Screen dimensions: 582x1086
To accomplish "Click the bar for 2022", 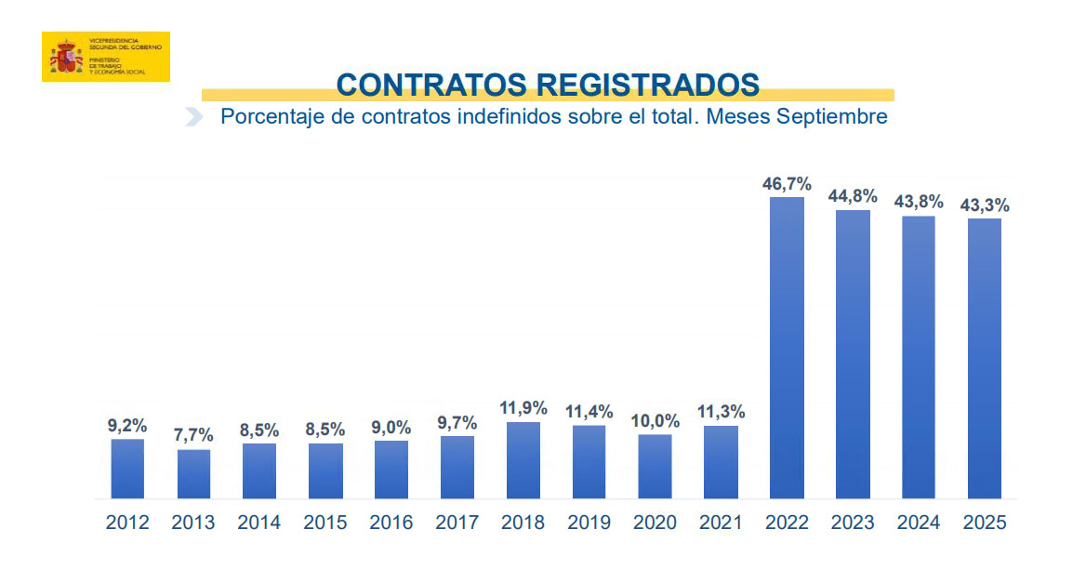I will coord(787,348).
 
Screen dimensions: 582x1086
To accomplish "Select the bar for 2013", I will coord(193,474).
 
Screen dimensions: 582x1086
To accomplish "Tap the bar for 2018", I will coord(523,460).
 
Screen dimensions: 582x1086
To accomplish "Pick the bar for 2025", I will coord(985,358).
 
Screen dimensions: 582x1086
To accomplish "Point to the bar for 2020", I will coord(656,466).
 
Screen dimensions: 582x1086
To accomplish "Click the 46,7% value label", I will coord(787,184).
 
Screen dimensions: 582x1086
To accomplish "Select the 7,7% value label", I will coord(193,435).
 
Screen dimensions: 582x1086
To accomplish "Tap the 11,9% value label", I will coord(523,408).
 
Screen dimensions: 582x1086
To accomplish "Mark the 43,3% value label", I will coord(985,205).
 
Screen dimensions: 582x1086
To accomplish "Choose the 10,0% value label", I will coord(656,421).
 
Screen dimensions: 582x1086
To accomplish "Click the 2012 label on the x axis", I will coord(127,522).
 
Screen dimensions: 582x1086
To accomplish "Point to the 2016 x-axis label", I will coord(391,522).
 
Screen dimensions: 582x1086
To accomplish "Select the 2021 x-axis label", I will coord(721,522).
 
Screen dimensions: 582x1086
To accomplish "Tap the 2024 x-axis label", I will coord(919,522).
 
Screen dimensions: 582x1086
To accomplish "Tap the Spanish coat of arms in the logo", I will coord(64,57).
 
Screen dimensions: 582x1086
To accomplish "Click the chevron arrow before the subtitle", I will coord(194,117).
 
